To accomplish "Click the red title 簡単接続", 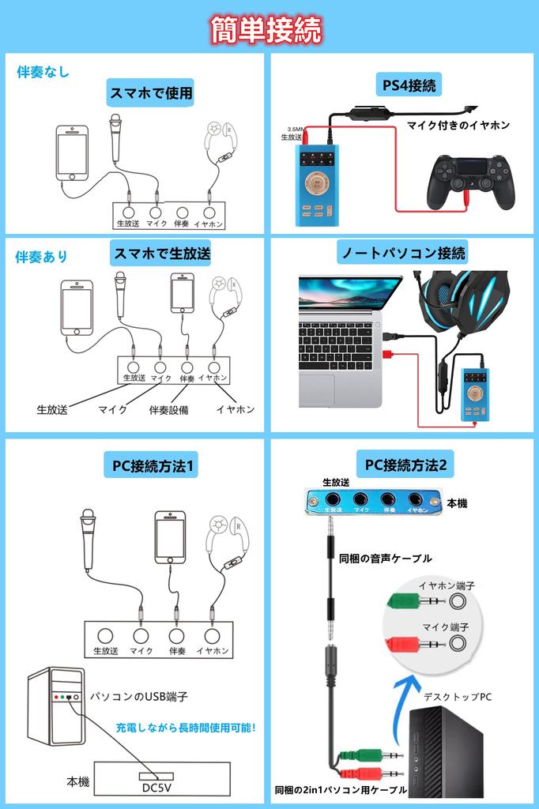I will (x=266, y=31).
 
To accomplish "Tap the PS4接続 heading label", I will (x=405, y=85).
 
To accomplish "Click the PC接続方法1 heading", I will (x=151, y=466).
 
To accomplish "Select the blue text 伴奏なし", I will (x=43, y=72).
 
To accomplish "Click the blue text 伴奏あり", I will (x=42, y=257).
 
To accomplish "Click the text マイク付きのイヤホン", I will (x=458, y=125).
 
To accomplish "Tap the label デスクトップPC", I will (x=458, y=696).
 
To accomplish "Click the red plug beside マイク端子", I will (x=411, y=644).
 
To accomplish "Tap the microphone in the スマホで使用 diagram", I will (x=116, y=138).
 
